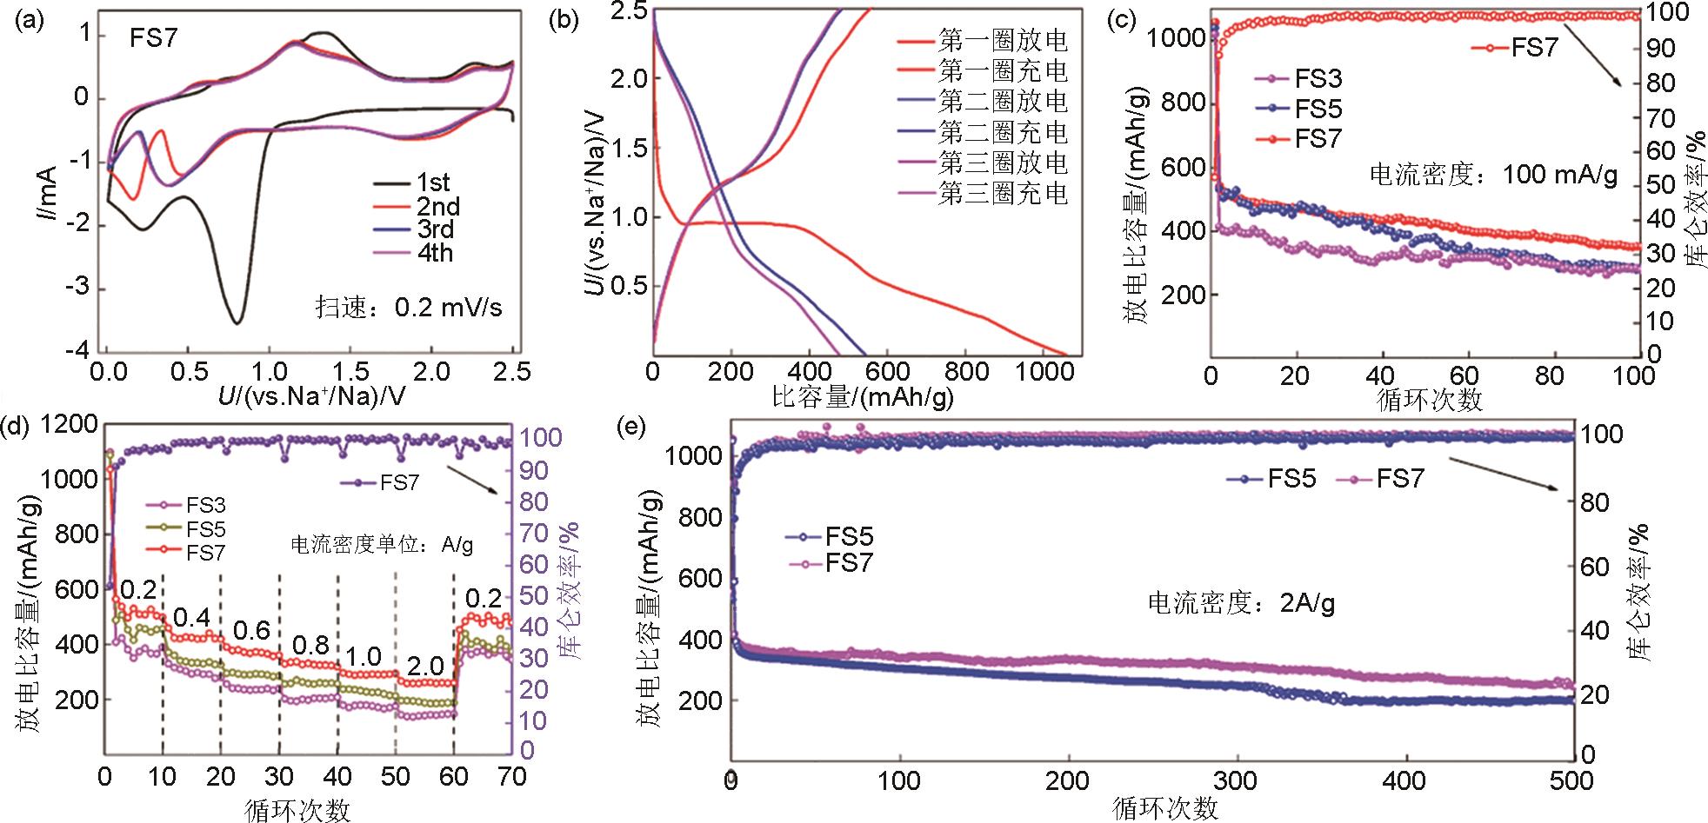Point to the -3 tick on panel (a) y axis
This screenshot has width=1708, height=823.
click(x=81, y=289)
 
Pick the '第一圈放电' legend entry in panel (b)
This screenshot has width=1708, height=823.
click(x=1003, y=41)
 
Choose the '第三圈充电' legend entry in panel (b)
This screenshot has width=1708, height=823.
click(x=1003, y=193)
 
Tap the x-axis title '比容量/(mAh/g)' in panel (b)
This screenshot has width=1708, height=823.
click(x=862, y=398)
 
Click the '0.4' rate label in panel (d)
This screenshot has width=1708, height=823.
click(x=191, y=618)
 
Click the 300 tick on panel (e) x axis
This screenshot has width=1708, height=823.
click(x=1236, y=780)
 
